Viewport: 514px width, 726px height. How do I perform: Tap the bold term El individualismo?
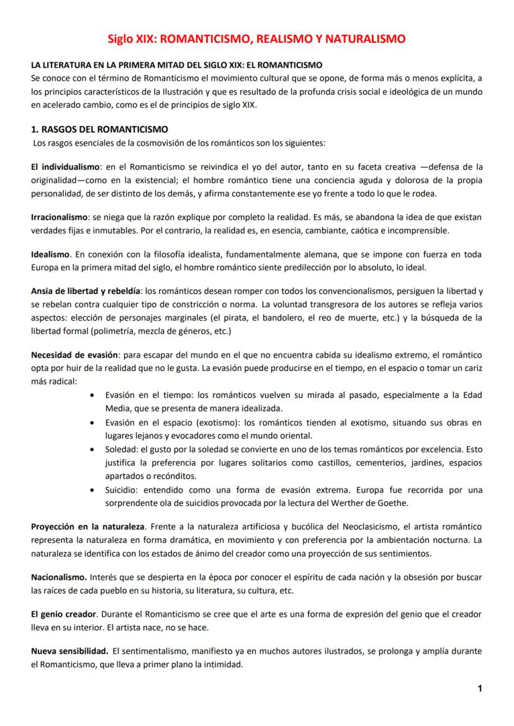65,167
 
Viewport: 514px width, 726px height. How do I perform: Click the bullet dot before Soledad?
92,449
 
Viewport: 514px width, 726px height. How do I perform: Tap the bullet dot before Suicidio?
92,490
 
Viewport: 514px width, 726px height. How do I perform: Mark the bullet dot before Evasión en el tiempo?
92,395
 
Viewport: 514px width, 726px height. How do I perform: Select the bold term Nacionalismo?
60,577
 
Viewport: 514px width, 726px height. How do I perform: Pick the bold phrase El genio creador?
65,614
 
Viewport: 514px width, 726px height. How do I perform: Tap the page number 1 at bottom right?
480,688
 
